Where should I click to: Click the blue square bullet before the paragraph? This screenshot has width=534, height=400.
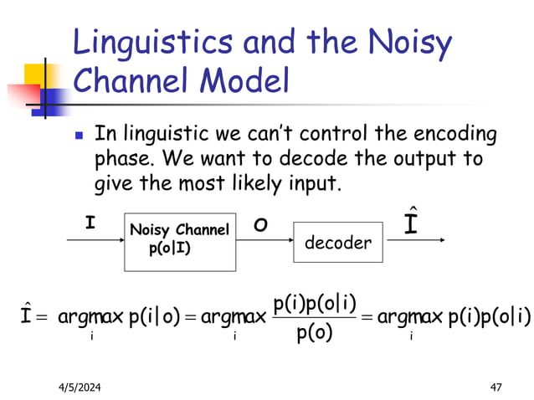(x=80, y=135)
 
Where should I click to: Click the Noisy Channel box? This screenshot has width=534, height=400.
(x=178, y=240)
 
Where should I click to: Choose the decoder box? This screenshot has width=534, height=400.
(x=336, y=243)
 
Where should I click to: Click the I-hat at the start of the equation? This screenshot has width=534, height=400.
(x=28, y=317)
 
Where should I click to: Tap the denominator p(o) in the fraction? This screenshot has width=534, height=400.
(x=315, y=333)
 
